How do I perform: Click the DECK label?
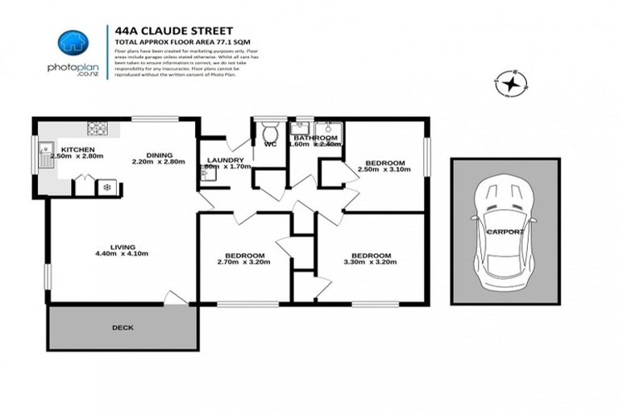coord(123,327)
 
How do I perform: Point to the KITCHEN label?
coord(78,150)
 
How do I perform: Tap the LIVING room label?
coord(123,247)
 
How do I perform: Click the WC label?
coord(270,144)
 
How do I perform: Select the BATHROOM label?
coord(314,137)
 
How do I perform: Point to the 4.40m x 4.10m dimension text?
coord(122,254)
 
